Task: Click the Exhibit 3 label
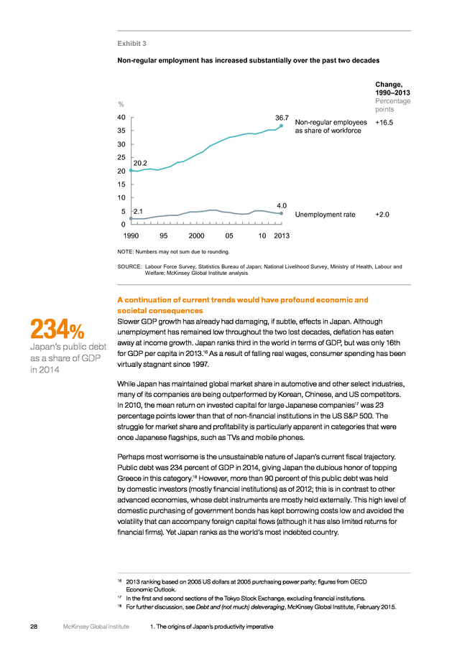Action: pos(131,44)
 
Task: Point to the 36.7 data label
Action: pos(282,118)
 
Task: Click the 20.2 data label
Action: pos(140,163)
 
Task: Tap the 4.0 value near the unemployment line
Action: pos(282,205)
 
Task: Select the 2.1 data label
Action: pos(138,212)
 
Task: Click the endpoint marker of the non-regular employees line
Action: pos(281,126)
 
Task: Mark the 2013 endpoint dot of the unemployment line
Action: pos(281,213)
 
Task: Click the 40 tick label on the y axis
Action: pos(121,118)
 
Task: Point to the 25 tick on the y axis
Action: pos(121,157)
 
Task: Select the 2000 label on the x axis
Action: pos(196,235)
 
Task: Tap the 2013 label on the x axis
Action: pos(282,235)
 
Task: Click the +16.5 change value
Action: pos(384,122)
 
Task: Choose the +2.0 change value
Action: pos(382,215)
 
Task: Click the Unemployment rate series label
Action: pos(325,215)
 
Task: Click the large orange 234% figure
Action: pos(57,329)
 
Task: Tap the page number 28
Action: pos(34,627)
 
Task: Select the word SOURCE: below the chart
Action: pos(129,266)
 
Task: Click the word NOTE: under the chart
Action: pos(126,252)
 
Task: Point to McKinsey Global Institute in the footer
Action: pos(96,627)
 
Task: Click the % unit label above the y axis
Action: pos(121,105)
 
